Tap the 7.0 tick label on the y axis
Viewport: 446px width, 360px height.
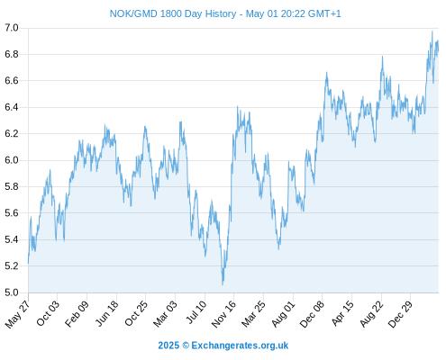(12, 28)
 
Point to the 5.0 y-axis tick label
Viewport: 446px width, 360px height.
(12, 292)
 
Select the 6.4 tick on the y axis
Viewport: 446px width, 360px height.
(12, 107)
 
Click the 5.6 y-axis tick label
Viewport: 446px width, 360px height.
(12, 213)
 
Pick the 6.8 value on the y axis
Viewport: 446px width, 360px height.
(12, 54)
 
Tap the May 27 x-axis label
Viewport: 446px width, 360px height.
(18, 314)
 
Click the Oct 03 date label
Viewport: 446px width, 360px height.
(48, 313)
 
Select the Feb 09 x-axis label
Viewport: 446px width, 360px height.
(77, 313)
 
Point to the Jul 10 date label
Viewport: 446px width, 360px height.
(196, 312)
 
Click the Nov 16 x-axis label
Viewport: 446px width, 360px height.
(223, 314)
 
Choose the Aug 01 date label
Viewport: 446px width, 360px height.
(284, 314)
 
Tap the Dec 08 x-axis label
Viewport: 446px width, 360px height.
(313, 314)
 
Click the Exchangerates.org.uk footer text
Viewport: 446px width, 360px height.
(240, 346)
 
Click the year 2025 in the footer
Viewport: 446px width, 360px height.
(168, 346)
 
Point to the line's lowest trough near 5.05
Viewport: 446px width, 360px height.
(223, 284)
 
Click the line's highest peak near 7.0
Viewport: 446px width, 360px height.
(432, 31)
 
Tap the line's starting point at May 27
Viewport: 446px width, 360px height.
(29, 263)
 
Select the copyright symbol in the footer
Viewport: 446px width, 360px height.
(186, 346)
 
